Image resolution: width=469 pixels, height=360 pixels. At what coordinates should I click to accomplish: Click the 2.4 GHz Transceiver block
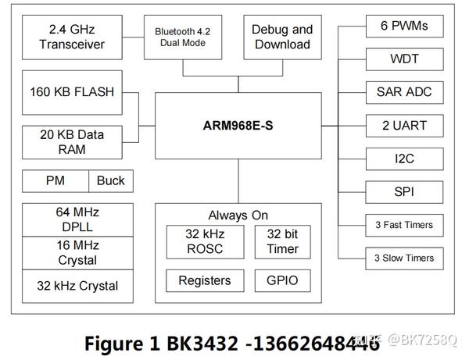pyautogui.click(x=72, y=37)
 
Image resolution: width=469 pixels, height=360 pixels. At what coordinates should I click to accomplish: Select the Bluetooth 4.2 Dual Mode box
pyautogui.click(x=182, y=37)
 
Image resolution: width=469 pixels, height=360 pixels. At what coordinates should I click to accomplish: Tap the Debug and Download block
pyautogui.click(x=281, y=37)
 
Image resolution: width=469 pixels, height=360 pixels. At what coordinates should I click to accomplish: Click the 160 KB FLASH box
pyautogui.click(x=72, y=92)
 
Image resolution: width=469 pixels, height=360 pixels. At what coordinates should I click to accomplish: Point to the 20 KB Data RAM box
pyautogui.click(x=72, y=141)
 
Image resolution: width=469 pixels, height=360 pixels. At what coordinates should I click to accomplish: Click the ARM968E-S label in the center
pyautogui.click(x=238, y=124)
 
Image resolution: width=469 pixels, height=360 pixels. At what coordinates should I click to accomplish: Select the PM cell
pyautogui.click(x=55, y=181)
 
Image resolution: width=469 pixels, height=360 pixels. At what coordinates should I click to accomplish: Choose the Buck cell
pyautogui.click(x=110, y=181)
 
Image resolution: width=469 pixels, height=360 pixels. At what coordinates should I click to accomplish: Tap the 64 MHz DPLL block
pyautogui.click(x=72, y=220)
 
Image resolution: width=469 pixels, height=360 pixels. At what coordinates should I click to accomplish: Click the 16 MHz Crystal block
pyautogui.click(x=72, y=253)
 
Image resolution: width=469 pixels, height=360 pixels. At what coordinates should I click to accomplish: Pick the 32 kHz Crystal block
pyautogui.click(x=72, y=285)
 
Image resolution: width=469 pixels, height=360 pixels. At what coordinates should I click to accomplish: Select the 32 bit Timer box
pyautogui.click(x=282, y=241)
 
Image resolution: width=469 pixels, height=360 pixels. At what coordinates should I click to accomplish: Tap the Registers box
pyautogui.click(x=205, y=280)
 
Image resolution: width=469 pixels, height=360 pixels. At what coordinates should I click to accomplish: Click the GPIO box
pyautogui.click(x=282, y=280)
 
